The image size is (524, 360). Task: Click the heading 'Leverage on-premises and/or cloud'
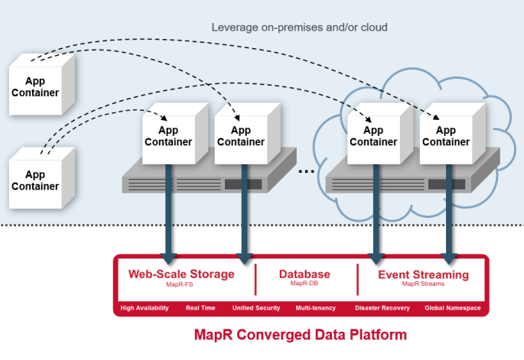coord(299,28)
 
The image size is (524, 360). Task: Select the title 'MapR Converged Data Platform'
coord(301,335)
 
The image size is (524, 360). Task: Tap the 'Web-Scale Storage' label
coord(181,274)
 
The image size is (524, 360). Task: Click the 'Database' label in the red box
coord(304,274)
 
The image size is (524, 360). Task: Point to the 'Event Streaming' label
coord(423,274)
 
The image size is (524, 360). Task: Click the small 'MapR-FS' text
coord(181,284)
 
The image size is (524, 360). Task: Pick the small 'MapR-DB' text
coord(304,284)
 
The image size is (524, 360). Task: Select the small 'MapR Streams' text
coord(423,284)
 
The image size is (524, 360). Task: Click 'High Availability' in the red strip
coord(145,308)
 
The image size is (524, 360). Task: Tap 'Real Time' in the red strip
coord(200,308)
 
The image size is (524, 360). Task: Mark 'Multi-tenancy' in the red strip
coord(315,308)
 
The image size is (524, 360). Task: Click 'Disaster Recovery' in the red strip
coord(382,308)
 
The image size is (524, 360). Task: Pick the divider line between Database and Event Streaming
coord(357,280)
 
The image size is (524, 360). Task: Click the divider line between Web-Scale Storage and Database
coord(255,280)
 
